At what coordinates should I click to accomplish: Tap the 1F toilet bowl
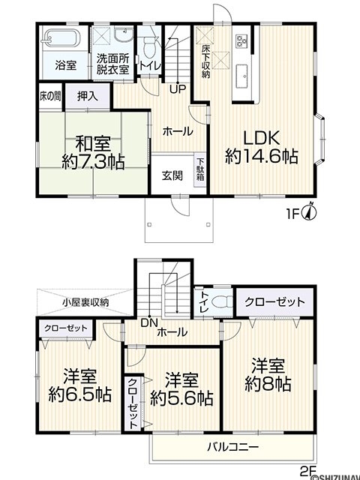tap(149, 47)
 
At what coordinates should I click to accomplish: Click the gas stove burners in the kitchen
tap(241, 40)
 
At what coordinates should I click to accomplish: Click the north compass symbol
tap(309, 212)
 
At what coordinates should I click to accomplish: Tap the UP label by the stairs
tap(178, 88)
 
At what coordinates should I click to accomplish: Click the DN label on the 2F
tap(149, 322)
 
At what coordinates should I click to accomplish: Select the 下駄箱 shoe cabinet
tap(200, 170)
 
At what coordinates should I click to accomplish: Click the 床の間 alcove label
tap(50, 97)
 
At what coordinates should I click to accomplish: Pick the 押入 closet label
tap(88, 96)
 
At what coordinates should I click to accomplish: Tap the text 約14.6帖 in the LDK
tap(262, 157)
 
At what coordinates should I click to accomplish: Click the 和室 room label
tap(92, 143)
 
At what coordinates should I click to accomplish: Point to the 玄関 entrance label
tap(172, 175)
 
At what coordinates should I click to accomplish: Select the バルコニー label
tap(232, 447)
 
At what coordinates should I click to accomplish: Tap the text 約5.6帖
tap(181, 398)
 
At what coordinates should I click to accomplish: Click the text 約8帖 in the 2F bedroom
tap(268, 383)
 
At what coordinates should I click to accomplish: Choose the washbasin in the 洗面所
tap(124, 34)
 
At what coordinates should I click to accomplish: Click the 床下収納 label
tap(205, 61)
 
